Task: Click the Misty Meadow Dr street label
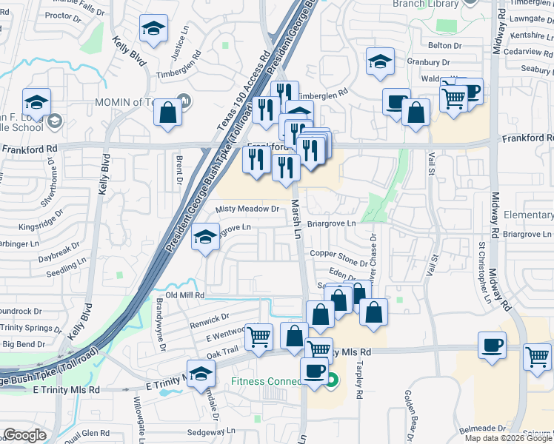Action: click(247, 209)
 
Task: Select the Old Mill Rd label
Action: click(184, 295)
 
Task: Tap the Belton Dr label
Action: click(445, 45)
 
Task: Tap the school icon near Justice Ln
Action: click(153, 30)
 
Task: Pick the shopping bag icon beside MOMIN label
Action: click(168, 113)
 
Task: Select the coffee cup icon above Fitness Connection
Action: click(314, 370)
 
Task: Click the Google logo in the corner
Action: click(25, 434)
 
